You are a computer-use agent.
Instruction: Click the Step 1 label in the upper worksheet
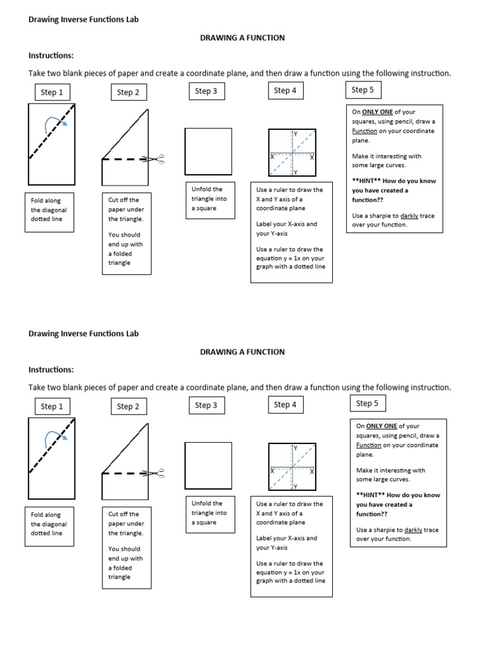tap(52, 92)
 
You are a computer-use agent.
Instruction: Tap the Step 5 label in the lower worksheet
tap(364, 404)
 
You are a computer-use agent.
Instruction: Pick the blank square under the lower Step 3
tap(208, 466)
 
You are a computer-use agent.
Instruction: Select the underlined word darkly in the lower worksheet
tap(414, 530)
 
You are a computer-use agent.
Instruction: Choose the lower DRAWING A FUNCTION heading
tap(242, 352)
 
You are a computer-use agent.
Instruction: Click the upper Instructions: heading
tap(51, 56)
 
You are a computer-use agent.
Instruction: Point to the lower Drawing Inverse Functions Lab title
tap(83, 334)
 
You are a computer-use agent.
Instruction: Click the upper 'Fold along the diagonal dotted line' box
tap(49, 210)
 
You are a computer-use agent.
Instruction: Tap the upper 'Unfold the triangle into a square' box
tap(208, 199)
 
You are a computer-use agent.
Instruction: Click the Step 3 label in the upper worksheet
tap(206, 91)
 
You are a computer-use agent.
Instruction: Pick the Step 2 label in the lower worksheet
tap(128, 406)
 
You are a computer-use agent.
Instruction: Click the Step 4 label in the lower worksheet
tap(285, 405)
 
